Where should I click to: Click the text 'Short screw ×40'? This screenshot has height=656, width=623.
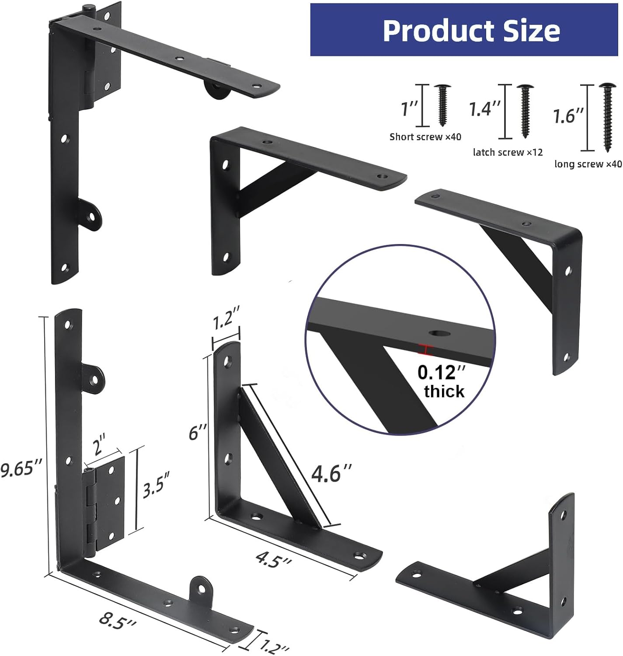(425, 137)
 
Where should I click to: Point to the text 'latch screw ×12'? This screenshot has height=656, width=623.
(508, 152)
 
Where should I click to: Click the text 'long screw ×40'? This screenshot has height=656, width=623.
(588, 164)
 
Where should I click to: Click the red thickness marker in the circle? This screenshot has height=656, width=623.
(425, 349)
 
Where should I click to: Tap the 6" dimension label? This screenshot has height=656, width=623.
(197, 433)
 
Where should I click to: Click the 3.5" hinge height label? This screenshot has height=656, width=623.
(156, 484)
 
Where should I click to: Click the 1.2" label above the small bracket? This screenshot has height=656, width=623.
(226, 322)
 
